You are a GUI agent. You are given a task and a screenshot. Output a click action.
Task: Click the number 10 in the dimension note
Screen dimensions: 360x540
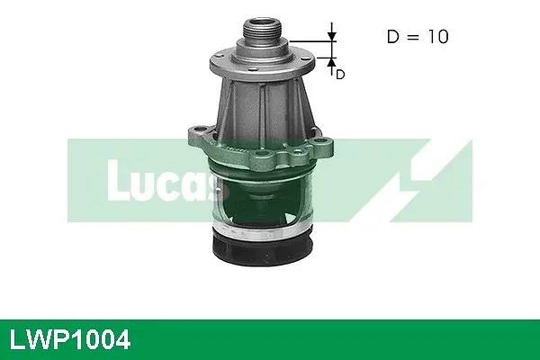pyautogui.click(x=435, y=38)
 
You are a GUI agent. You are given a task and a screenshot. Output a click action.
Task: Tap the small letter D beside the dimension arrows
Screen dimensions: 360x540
pyautogui.click(x=340, y=75)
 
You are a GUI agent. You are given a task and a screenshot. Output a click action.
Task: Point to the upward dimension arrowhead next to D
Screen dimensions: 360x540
pyautogui.click(x=331, y=61)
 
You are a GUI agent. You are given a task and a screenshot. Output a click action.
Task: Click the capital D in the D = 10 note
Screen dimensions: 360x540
pyautogui.click(x=391, y=38)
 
